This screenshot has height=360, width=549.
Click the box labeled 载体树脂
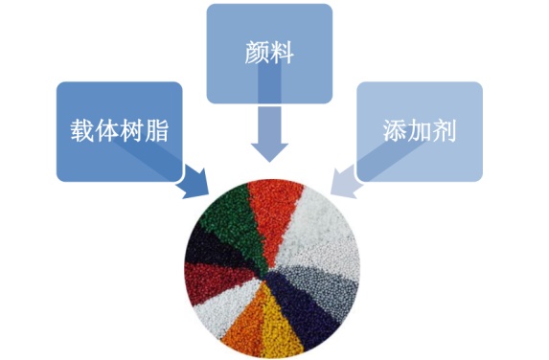118,131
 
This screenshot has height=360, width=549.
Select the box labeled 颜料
268,53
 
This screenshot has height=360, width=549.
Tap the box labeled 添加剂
419,131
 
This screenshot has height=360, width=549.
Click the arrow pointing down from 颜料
268,135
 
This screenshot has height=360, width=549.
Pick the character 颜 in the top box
255,53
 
